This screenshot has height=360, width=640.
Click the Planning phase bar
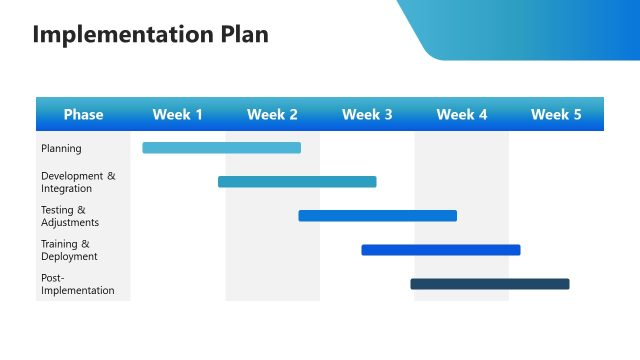[221, 148]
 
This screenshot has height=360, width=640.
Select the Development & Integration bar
[297, 182]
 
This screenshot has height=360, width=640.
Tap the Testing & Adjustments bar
[377, 216]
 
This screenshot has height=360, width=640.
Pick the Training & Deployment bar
[440, 250]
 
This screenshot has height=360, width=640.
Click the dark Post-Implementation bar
[489, 284]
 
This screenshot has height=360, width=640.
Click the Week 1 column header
[178, 115]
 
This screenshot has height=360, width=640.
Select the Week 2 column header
[272, 115]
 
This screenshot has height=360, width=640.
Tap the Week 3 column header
[367, 115]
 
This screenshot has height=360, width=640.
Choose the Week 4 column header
[462, 115]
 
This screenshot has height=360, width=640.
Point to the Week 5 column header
[556, 115]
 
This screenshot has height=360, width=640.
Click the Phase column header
[83, 115]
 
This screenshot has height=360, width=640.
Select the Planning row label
[61, 149]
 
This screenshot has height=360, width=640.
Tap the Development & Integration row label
[77, 182]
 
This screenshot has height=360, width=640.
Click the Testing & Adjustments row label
[69, 216]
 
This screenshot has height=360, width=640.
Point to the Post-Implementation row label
[77, 284]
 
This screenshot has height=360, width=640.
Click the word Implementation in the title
[123, 35]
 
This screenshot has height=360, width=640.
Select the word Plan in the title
[245, 35]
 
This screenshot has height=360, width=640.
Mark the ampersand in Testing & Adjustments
[81, 210]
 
